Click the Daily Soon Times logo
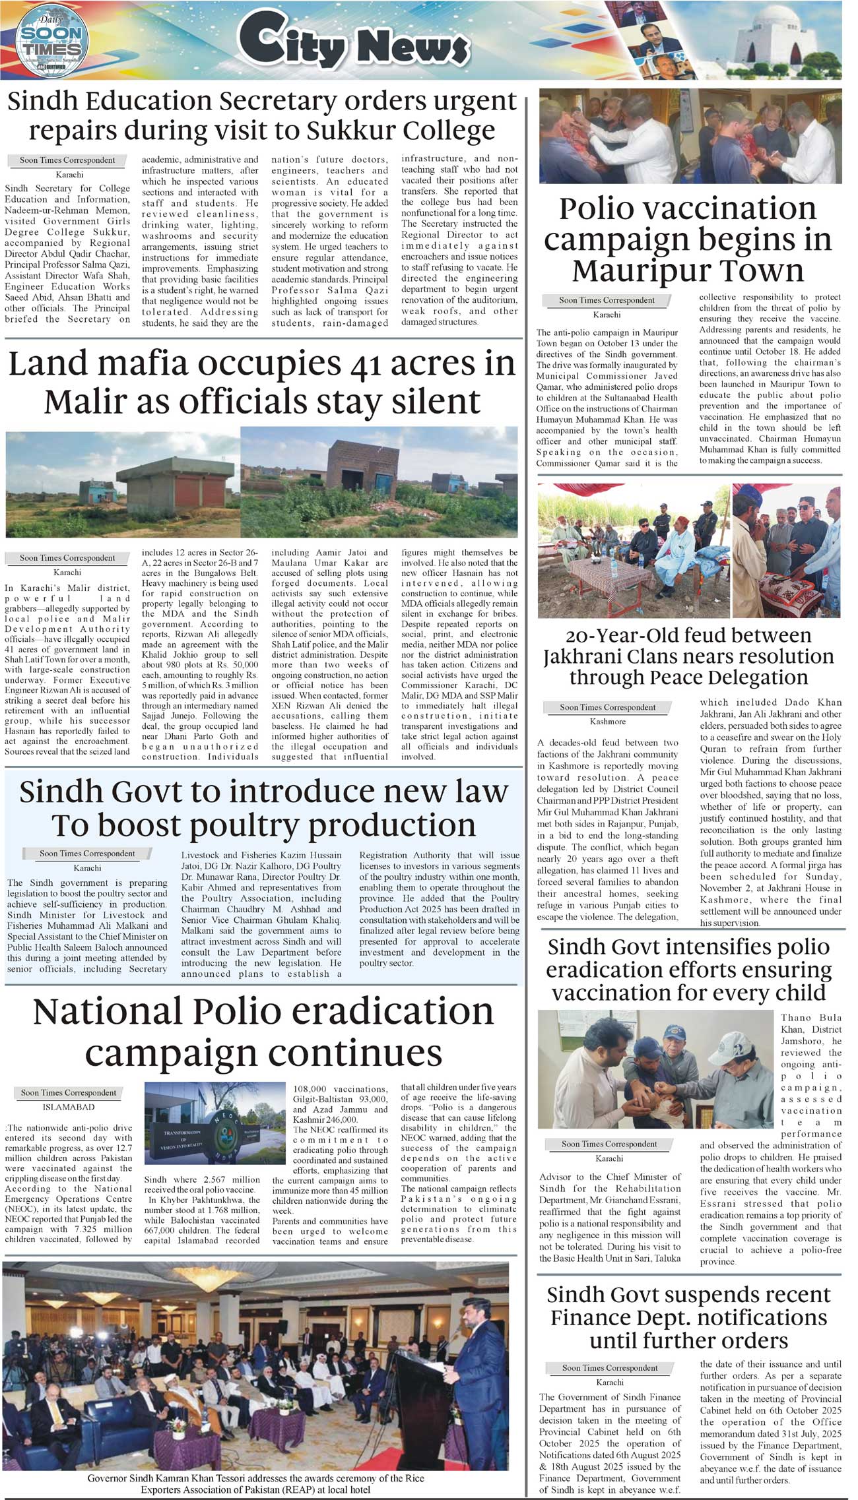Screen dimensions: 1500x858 (52, 42)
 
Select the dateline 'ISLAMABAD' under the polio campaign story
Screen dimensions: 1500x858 (69, 1107)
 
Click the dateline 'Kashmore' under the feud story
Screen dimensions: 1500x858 (608, 721)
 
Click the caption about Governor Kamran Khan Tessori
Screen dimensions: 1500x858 (255, 1484)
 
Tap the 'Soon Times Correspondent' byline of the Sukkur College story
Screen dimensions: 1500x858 (67, 160)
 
